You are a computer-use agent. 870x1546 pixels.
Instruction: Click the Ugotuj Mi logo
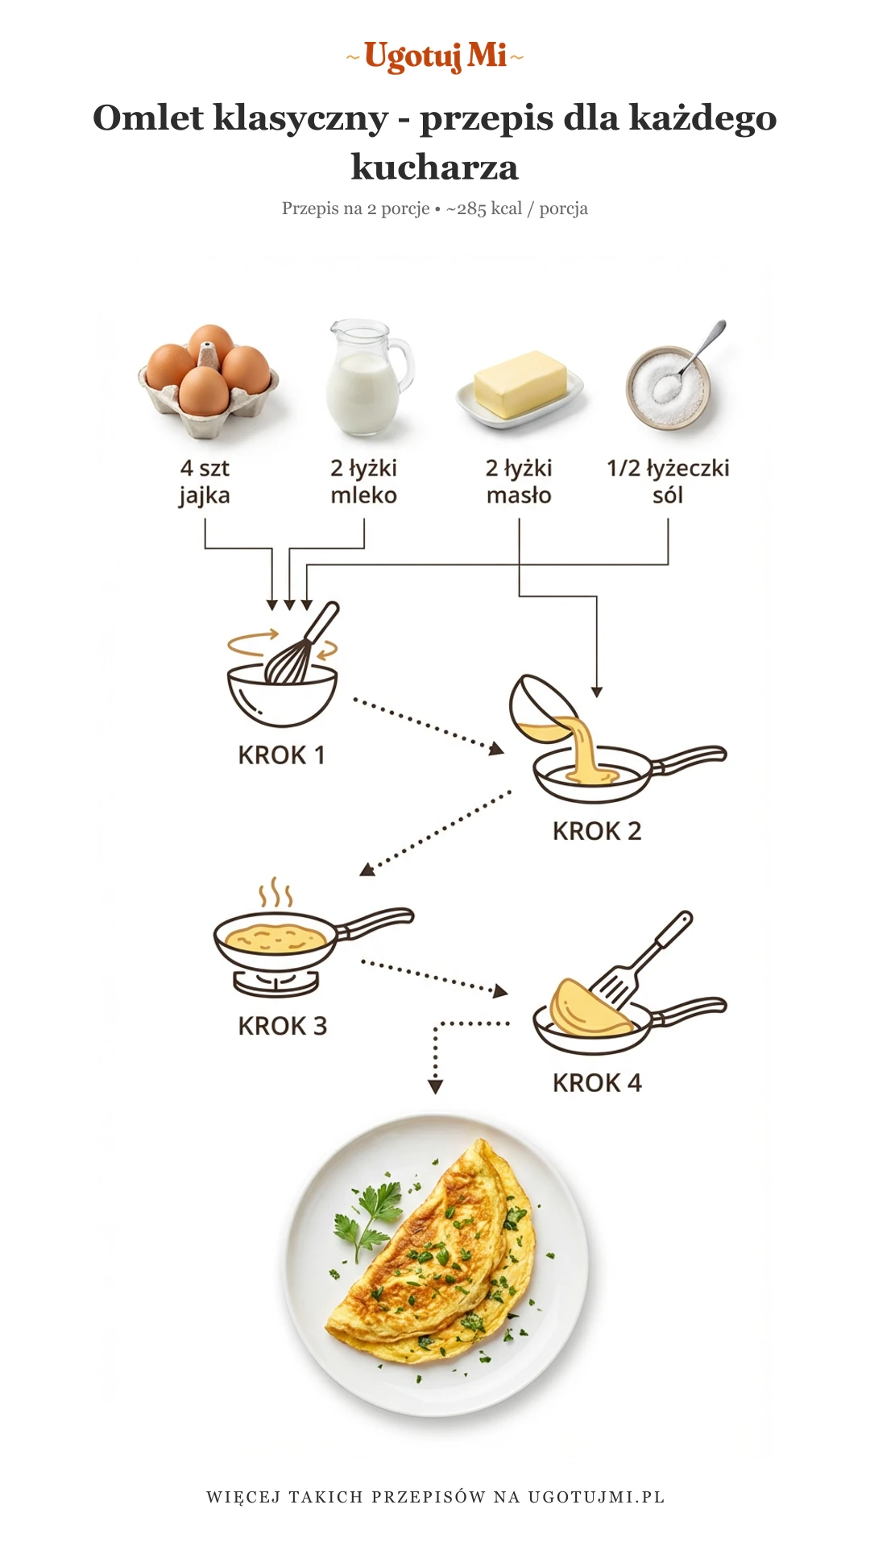[x=435, y=56]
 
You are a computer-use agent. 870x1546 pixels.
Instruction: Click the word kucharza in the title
[x=435, y=167]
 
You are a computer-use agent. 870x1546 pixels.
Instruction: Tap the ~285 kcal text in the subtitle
[x=483, y=209]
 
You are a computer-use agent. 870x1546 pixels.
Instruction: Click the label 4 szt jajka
[x=205, y=482]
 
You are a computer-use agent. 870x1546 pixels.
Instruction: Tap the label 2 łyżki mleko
[x=363, y=482]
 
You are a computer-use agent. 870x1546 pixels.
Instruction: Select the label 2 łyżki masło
[x=519, y=482]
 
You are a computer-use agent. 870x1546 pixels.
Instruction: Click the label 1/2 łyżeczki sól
[x=668, y=482]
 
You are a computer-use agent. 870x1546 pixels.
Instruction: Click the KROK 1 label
[x=281, y=755]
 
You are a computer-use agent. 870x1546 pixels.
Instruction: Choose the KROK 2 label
[x=597, y=831]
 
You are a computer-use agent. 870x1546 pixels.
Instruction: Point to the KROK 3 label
[x=282, y=1026]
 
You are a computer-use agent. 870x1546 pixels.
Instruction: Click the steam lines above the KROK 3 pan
[x=275, y=893]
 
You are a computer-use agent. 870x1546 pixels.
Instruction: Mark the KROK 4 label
[x=597, y=1083]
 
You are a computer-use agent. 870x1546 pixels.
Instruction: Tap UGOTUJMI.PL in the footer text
[x=596, y=1497]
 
